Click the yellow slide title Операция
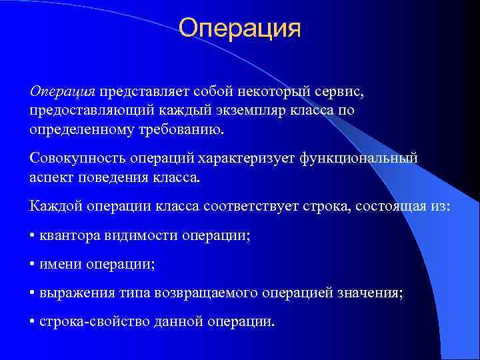pos(240,29)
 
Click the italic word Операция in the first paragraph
pos(63,90)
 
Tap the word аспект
pos(52,177)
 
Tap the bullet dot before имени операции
pos(33,265)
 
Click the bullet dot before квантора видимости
pos(33,237)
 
